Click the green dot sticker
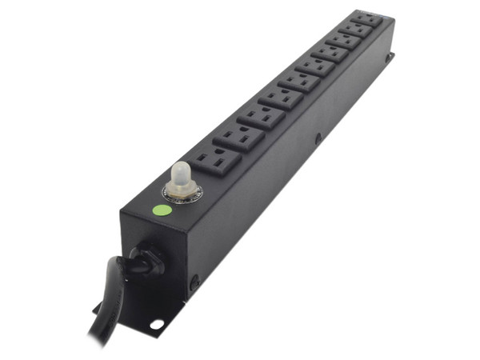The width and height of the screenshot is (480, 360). point(162,212)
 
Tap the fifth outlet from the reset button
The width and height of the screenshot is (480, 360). point(300,81)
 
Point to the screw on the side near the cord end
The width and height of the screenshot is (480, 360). point(194,282)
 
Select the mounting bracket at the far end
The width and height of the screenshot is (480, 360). point(389,58)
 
